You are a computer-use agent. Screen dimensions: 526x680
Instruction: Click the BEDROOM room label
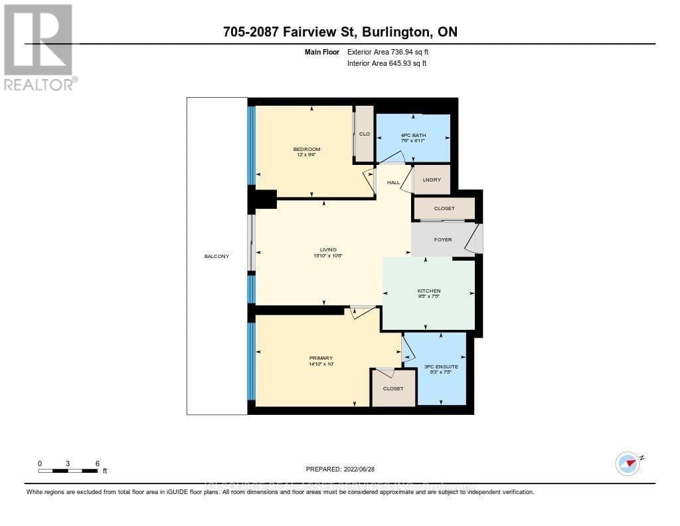[307, 149]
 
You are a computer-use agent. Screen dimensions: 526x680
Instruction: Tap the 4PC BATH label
[413, 135]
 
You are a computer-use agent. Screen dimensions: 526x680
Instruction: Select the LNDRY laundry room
[432, 180]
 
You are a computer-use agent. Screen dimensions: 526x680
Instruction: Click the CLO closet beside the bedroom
[364, 134]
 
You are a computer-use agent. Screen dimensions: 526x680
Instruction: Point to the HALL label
[394, 182]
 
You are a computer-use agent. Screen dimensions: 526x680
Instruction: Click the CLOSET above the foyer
[444, 209]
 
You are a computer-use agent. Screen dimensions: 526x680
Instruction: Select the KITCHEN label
[429, 291]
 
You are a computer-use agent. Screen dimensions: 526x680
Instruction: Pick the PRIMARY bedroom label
[321, 358]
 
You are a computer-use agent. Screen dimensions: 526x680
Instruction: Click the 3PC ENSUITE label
[441, 366]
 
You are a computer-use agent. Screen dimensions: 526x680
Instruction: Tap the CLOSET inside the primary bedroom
[393, 388]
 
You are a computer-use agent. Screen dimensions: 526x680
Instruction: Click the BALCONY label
[217, 256]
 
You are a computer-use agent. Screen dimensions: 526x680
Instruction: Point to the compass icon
[628, 463]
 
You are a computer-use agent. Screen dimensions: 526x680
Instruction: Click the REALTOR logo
[40, 47]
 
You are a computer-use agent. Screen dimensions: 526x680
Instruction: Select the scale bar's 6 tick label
[98, 463]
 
